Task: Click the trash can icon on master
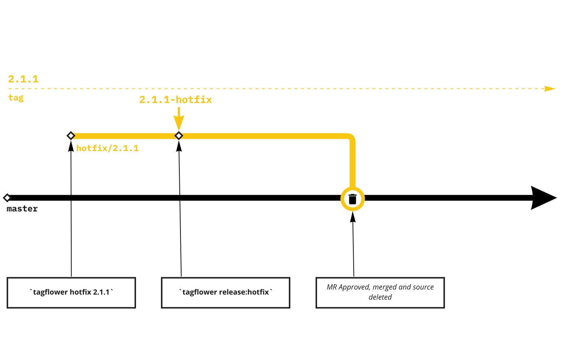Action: pyautogui.click(x=353, y=199)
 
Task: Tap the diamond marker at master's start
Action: pyautogui.click(x=7, y=198)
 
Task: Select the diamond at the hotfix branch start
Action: pyautogui.click(x=71, y=136)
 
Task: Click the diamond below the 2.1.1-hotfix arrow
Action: pyautogui.click(x=179, y=136)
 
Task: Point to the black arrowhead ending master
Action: pyautogui.click(x=542, y=198)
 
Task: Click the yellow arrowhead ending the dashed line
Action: pyautogui.click(x=550, y=89)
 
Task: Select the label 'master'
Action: pyautogui.click(x=22, y=209)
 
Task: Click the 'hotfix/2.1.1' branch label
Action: pyautogui.click(x=107, y=148)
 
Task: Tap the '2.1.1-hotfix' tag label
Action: pyautogui.click(x=176, y=100)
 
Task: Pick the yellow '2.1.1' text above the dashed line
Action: pyautogui.click(x=24, y=79)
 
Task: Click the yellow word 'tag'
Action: pyautogui.click(x=16, y=98)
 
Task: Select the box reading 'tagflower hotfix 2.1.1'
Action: pyautogui.click(x=71, y=293)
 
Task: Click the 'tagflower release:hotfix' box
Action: pyautogui.click(x=226, y=293)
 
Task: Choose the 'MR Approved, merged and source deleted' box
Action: pyautogui.click(x=380, y=293)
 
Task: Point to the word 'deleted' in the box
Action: pyautogui.click(x=380, y=297)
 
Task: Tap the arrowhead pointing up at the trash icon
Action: pyautogui.click(x=353, y=217)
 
